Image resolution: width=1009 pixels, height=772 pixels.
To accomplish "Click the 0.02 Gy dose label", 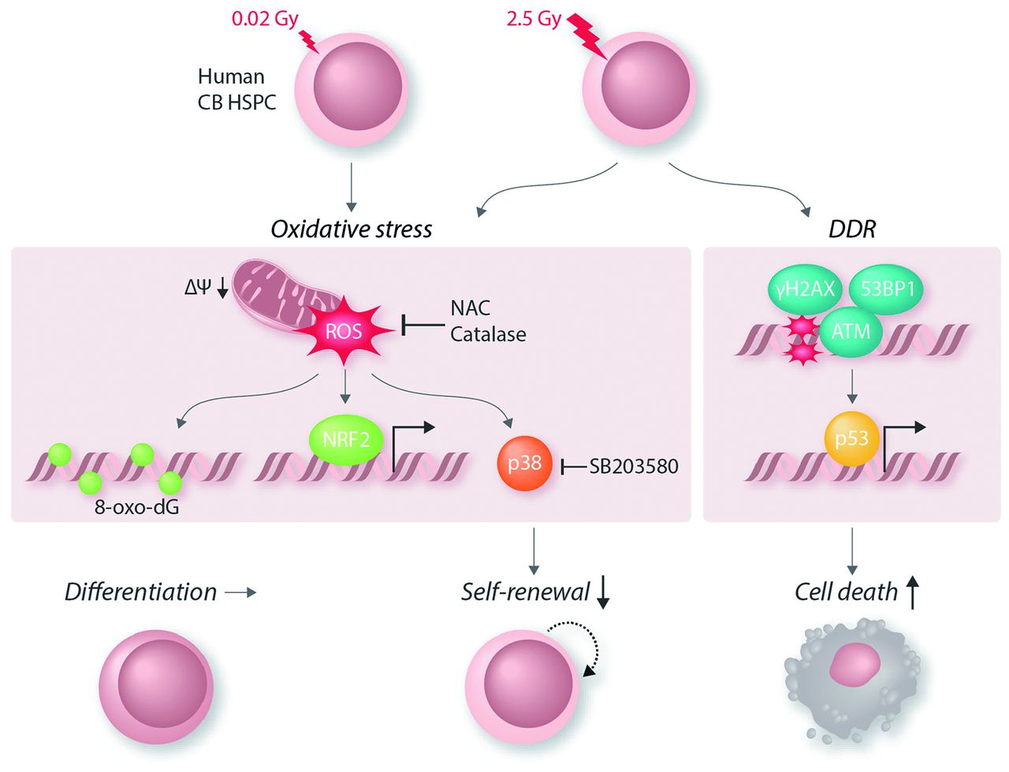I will [265, 18].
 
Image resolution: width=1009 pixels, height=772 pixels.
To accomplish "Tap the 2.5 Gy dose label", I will [533, 18].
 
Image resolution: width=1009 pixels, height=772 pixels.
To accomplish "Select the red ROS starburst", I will [345, 331].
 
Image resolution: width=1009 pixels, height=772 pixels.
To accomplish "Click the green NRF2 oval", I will [346, 438].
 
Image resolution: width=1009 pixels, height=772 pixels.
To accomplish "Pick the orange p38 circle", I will [524, 463].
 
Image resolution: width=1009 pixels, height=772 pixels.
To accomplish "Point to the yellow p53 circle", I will [851, 438].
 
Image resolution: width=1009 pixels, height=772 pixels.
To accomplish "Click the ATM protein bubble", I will [851, 330].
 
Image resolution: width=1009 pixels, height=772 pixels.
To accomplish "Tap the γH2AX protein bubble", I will [805, 289].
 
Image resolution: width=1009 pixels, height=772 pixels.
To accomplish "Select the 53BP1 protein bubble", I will [888, 289].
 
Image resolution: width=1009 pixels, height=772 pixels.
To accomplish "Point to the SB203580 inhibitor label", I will [633, 466].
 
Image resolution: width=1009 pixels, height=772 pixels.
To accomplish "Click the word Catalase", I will [488, 334].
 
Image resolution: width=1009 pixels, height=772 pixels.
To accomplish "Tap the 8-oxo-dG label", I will [136, 507].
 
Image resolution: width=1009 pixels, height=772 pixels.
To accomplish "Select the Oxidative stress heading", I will [352, 229].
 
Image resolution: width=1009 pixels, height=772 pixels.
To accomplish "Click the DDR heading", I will [852, 229].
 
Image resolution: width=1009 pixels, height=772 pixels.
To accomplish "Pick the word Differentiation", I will [140, 591].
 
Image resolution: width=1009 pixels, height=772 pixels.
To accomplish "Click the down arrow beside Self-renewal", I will [603, 593].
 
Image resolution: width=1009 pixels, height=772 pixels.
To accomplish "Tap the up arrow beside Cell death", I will [912, 591].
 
